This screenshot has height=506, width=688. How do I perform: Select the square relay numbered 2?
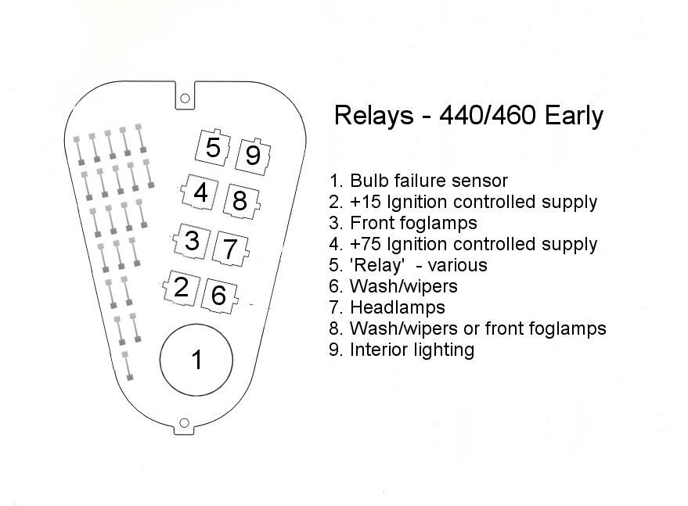point(182,287)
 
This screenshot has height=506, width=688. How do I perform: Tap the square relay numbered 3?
point(192,240)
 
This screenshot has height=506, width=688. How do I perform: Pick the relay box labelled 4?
point(200,192)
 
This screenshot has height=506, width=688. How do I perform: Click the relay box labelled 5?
point(213,147)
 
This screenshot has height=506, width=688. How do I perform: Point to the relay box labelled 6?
point(219,296)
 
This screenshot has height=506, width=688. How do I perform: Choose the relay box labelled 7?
point(230,249)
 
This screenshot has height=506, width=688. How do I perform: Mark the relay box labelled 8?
point(241,201)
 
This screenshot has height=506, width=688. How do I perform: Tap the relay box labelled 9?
point(253,156)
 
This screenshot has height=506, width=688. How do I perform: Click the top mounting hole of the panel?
point(186,99)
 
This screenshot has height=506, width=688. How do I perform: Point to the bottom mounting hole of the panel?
point(184,423)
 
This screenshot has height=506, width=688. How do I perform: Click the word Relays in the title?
point(374,115)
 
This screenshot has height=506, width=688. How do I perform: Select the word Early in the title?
point(574,117)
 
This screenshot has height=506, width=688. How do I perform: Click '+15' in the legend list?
point(366,202)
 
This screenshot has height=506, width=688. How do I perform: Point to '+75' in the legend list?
point(366,244)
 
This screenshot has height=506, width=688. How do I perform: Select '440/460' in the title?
point(488,115)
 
